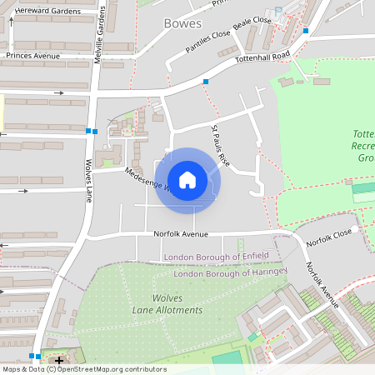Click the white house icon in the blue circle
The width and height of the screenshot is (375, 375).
[x=187, y=180]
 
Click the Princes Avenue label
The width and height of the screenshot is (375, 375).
[x=33, y=56]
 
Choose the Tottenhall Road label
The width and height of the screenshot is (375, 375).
[x=262, y=57]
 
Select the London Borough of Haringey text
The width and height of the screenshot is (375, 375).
[x=230, y=272]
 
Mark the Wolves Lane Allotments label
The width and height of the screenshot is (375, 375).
[x=167, y=304]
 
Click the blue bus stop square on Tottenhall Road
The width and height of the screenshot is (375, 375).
[x=205, y=82]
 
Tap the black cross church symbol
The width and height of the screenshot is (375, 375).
[x=58, y=360]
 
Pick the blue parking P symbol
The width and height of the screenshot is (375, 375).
[x=280, y=11]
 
